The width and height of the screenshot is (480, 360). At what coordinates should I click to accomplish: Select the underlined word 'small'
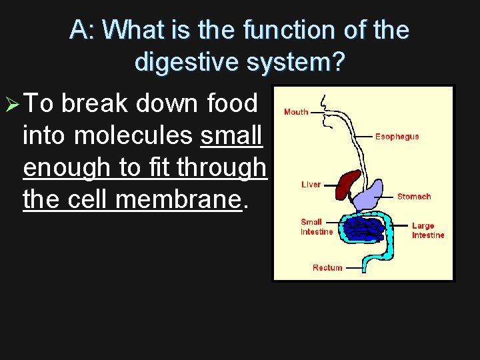coord(231,136)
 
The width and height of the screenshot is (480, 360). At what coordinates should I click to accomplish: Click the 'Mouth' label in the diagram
coord(296,112)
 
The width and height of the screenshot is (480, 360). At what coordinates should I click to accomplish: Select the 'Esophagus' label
coord(397,137)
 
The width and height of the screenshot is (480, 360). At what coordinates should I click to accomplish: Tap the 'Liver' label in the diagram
coord(311,185)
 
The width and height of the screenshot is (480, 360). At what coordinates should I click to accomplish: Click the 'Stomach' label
coord(413,197)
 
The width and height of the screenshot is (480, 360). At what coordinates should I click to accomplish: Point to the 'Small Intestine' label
coord(316,227)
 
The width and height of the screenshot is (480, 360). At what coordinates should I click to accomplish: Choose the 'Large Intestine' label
coord(427,231)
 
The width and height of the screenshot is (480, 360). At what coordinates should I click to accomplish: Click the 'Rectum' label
coord(327,268)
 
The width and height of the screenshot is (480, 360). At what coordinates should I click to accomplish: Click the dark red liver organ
coord(346,185)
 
